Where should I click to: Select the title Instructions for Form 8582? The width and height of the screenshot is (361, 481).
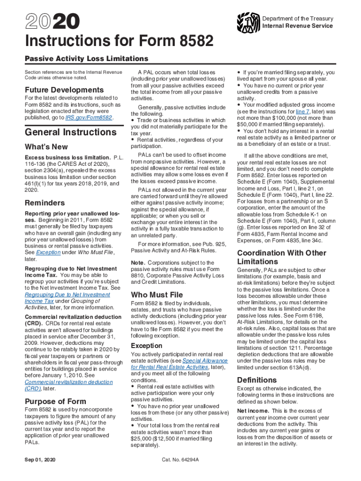[x=119, y=43]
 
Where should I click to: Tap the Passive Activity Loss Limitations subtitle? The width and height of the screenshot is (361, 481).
[x=86, y=59]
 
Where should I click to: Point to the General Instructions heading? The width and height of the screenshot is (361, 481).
[x=70, y=132]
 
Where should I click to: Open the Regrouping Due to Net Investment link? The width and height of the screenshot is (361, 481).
[x=67, y=295]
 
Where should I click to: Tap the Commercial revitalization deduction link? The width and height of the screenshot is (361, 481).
[x=68, y=382]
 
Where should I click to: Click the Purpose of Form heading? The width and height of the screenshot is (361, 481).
[x=55, y=401]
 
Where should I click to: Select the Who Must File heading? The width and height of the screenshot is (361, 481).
[x=157, y=295]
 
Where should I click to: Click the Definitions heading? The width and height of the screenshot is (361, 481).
[x=256, y=380]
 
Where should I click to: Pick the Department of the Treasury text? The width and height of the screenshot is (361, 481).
[x=298, y=18]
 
